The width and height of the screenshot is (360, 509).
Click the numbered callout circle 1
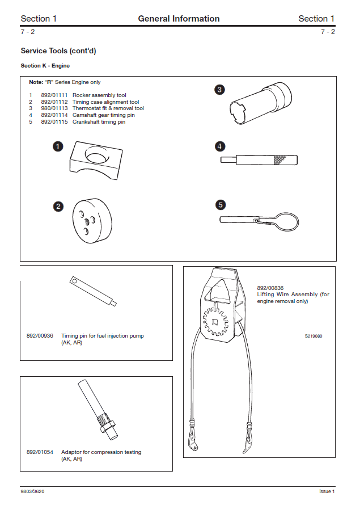point(58,146)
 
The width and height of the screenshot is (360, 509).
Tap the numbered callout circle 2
point(58,207)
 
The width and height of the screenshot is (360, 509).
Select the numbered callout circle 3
point(219,89)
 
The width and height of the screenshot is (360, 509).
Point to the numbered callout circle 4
point(219,146)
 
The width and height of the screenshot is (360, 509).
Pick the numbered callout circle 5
point(221,204)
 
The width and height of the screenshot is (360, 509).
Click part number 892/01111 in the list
point(54,95)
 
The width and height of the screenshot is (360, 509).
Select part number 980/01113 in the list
point(54,108)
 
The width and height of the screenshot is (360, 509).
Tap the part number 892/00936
point(40,336)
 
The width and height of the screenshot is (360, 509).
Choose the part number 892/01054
point(40,452)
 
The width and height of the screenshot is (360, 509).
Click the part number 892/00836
point(270,288)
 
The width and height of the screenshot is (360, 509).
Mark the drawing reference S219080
point(314,336)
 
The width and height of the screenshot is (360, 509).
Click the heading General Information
point(179,19)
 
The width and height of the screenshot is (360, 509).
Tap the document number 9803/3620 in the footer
point(33,491)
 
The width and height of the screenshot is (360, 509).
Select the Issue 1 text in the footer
point(327,491)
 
